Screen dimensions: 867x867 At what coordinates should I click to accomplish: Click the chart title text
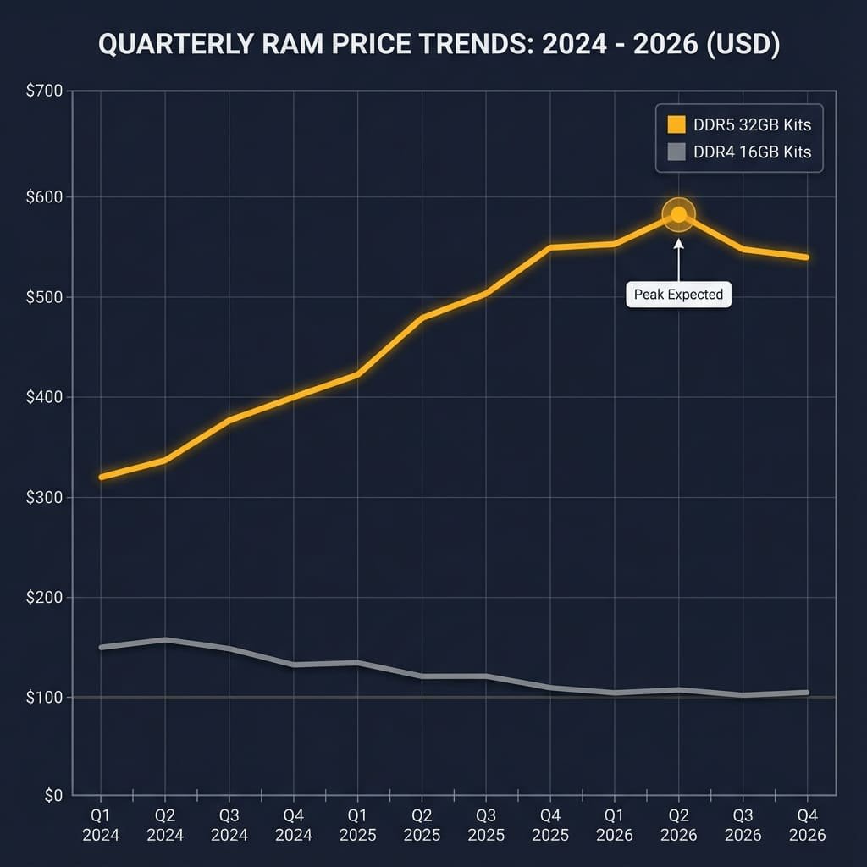pyautogui.click(x=439, y=45)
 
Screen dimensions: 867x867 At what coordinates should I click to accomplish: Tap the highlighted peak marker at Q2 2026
pyautogui.click(x=678, y=215)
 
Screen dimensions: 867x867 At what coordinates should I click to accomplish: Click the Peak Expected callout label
pyautogui.click(x=678, y=295)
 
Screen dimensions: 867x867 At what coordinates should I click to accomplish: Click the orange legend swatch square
pyautogui.click(x=676, y=125)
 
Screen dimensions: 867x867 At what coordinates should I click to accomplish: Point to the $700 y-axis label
pyautogui.click(x=45, y=91)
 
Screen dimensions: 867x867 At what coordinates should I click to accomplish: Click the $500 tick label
pyautogui.click(x=45, y=297)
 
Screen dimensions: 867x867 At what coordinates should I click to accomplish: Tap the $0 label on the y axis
pyautogui.click(x=52, y=795)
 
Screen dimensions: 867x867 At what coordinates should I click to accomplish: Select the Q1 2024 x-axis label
pyautogui.click(x=101, y=826)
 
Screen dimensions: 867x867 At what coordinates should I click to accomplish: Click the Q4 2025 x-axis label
pyautogui.click(x=549, y=826)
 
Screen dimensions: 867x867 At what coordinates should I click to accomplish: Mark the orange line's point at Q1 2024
pyautogui.click(x=102, y=477)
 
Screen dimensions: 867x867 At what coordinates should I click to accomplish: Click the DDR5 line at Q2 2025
pyautogui.click(x=422, y=318)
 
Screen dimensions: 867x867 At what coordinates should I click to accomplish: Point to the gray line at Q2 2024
pyautogui.click(x=165, y=640)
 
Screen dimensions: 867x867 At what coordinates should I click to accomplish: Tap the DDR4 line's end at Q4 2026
pyautogui.click(x=806, y=693)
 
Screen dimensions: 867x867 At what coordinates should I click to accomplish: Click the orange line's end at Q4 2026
pyautogui.click(x=806, y=257)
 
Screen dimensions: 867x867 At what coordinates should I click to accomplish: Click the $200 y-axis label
pyautogui.click(x=45, y=598)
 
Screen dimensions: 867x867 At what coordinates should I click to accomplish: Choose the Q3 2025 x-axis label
pyautogui.click(x=486, y=826)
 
